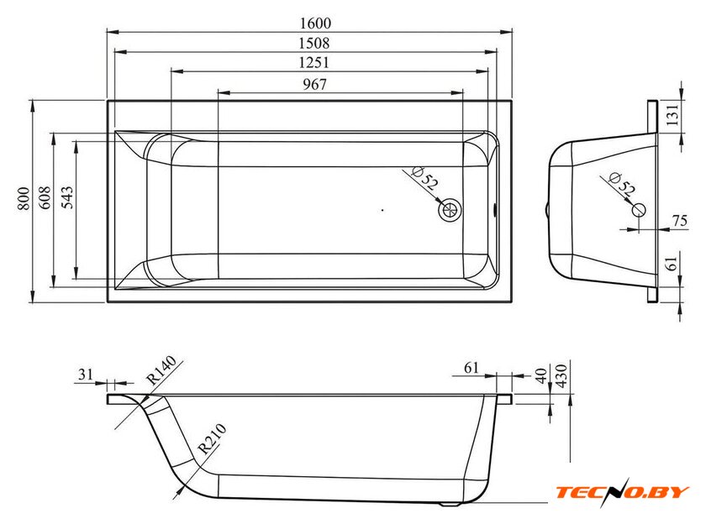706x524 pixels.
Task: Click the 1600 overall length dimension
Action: pos(315,23)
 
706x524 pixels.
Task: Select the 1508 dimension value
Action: pos(314,43)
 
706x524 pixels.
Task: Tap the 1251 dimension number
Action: pos(313,62)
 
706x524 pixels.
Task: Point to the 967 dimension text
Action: pos(314,84)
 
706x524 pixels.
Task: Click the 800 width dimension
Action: pos(24,198)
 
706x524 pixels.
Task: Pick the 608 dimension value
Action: pos(45,198)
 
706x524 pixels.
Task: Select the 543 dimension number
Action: pos(66,198)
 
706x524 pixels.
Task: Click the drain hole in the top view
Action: pos(450,209)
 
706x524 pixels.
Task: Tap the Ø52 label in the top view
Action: pos(424,178)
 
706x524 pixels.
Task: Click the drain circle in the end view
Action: pos(639,209)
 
